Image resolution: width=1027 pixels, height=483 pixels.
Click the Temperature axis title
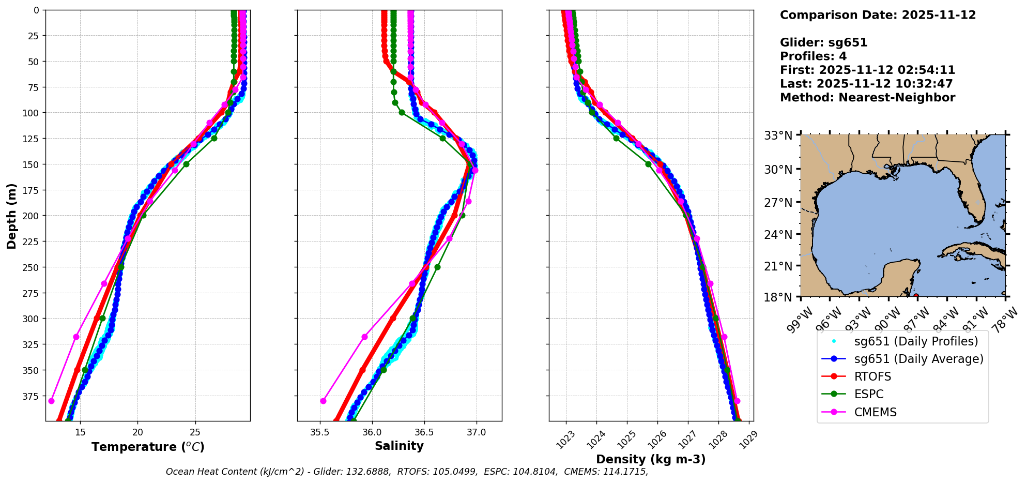point(148,447)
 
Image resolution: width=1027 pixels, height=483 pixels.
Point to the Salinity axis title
point(399,446)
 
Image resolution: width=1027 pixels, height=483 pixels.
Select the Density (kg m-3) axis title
point(651,459)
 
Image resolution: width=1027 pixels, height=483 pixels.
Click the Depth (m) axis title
point(11,216)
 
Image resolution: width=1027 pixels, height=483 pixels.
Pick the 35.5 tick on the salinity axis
point(320,432)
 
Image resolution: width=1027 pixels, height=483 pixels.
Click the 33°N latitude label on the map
point(778,136)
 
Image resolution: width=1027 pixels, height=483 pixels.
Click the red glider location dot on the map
point(916,296)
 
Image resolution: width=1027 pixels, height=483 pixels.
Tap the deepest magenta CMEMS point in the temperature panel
point(51,401)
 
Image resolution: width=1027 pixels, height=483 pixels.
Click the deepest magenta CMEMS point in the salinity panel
point(323,401)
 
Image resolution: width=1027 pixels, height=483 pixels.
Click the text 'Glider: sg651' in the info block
point(823,43)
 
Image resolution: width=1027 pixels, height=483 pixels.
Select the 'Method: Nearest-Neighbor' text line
point(867,98)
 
